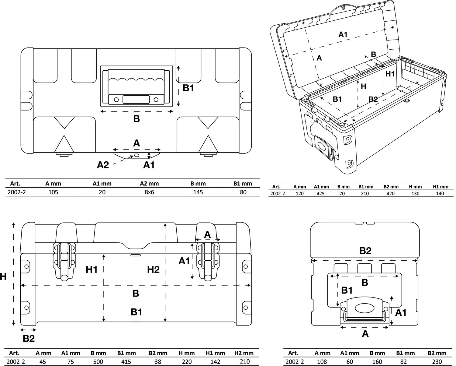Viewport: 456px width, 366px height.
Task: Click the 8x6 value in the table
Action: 149,192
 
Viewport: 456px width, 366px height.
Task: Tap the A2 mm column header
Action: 149,184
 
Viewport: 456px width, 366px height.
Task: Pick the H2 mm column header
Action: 244,353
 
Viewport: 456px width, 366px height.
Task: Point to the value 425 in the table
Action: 321,193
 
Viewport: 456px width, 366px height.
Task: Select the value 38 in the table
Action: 157,361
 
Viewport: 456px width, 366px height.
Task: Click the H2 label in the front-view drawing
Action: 153,269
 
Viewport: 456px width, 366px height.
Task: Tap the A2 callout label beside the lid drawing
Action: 103,165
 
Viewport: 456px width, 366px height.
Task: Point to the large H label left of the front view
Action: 3,276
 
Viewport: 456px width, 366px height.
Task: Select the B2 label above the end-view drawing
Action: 365,251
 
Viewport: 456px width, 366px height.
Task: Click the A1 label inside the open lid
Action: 343,34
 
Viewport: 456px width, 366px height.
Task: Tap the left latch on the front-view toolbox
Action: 64,261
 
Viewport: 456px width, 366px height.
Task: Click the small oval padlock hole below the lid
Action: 137,155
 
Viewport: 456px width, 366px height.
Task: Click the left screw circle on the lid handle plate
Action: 116,100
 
